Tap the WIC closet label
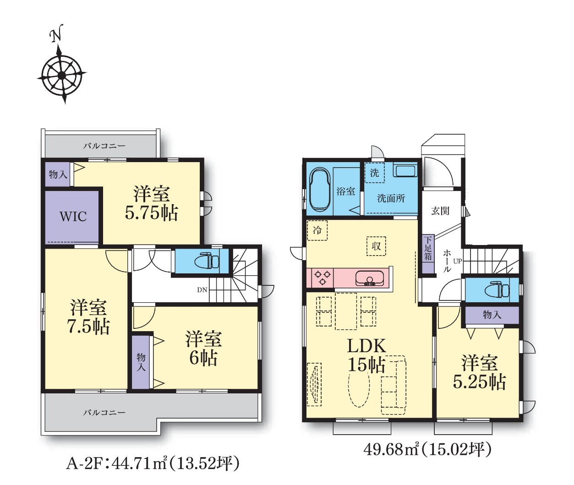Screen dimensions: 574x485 coord(73,217)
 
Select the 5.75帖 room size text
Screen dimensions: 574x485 coord(151,213)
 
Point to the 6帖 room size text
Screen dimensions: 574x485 coord(203,358)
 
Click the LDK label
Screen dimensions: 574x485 coord(366,347)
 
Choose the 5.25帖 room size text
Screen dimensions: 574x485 coord(479,382)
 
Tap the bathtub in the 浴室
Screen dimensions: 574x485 coord(321,192)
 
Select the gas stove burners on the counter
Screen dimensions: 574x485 coord(323,278)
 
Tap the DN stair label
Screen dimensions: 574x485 coord(202,290)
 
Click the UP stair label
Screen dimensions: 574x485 coord(457,261)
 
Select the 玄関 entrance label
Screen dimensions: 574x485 coord(440,211)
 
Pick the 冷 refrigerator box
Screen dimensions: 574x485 coord(317,230)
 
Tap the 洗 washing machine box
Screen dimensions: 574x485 coord(374,173)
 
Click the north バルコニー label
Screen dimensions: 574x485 coord(104,146)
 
